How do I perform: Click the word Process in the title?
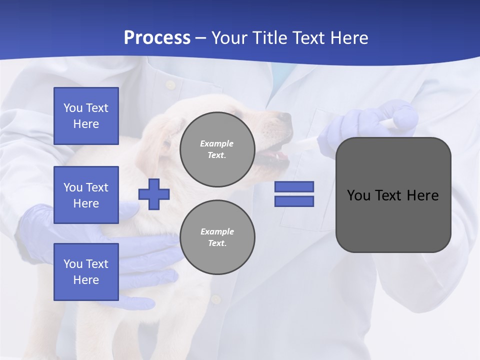click(x=157, y=37)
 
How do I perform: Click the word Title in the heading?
click(x=268, y=37)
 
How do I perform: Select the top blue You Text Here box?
click(x=86, y=116)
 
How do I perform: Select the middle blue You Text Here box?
click(x=86, y=195)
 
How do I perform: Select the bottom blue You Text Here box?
click(x=86, y=271)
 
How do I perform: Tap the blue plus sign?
click(x=154, y=194)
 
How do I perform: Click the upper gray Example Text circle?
click(x=217, y=149)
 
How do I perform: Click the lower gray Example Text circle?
click(x=217, y=237)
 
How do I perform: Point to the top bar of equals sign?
click(x=294, y=187)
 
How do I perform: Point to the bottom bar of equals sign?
click(x=294, y=201)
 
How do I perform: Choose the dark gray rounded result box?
click(x=393, y=195)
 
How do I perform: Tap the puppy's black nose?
click(x=285, y=118)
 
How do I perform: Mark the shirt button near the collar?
click(x=170, y=84)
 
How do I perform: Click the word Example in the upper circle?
click(x=217, y=143)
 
